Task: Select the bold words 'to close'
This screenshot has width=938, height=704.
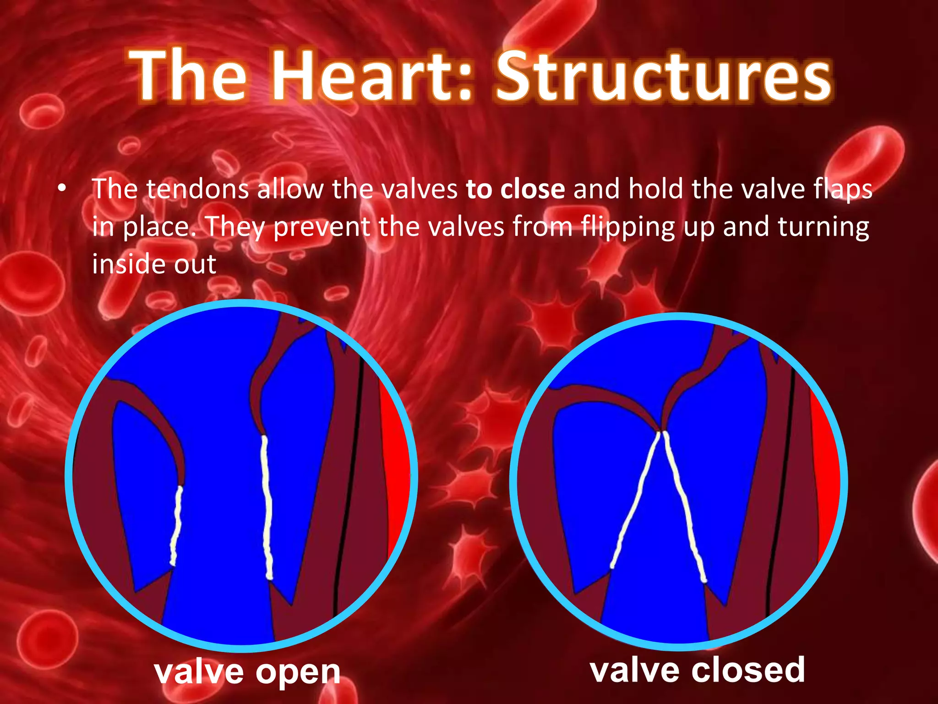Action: click(x=515, y=189)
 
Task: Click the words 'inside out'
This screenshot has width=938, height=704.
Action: click(x=154, y=264)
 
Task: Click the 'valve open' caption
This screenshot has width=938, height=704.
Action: click(x=247, y=672)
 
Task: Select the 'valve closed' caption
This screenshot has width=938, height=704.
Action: click(x=697, y=670)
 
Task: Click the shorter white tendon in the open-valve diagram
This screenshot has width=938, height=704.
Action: click(x=176, y=527)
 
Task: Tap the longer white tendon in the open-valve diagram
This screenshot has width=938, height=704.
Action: click(x=266, y=504)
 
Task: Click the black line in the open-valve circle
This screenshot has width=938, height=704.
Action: click(x=350, y=481)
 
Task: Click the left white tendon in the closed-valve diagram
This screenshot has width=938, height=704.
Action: click(x=637, y=500)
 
